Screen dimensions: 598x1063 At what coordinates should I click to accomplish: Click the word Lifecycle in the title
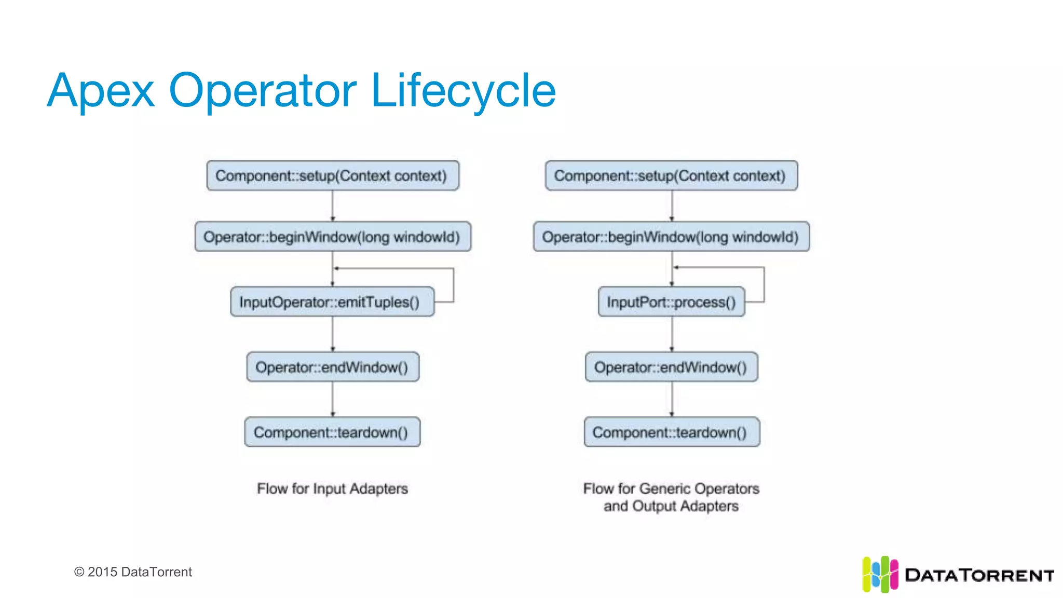click(x=464, y=91)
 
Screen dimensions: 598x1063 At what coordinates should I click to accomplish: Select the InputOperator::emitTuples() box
click(x=332, y=302)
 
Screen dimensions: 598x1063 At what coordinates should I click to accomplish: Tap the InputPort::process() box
click(x=671, y=302)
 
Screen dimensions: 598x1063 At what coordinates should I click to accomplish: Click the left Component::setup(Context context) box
click(x=332, y=175)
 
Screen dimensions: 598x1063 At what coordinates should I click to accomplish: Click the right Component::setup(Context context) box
click(x=671, y=175)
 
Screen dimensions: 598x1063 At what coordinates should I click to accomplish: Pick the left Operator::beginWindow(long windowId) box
click(x=332, y=237)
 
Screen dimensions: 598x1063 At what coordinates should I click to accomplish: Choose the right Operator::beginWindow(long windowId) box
click(x=671, y=237)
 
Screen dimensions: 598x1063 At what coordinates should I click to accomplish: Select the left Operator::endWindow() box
click(x=332, y=367)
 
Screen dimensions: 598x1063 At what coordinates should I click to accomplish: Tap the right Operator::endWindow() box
click(x=671, y=367)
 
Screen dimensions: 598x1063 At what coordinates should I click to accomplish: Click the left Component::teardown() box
click(x=332, y=432)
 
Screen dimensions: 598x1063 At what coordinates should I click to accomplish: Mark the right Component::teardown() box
click(x=671, y=432)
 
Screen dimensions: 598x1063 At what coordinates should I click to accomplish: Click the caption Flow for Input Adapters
click(x=332, y=488)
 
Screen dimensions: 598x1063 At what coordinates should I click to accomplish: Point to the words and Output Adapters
click(x=671, y=506)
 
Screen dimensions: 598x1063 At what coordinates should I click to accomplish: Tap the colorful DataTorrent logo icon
click(x=880, y=574)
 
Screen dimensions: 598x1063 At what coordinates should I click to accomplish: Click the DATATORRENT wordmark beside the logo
click(x=979, y=575)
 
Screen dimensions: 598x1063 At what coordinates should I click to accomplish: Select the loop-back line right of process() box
click(x=764, y=284)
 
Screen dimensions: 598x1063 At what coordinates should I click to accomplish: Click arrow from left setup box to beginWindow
click(x=333, y=206)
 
